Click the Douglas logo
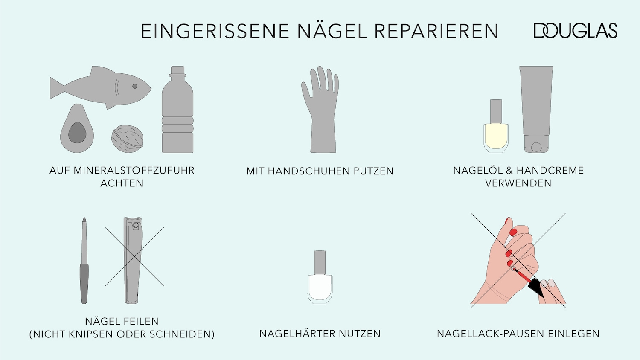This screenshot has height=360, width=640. (575, 31)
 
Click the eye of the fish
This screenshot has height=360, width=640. (135, 86)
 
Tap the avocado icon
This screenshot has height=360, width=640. (77, 129)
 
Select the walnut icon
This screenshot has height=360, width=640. (127, 139)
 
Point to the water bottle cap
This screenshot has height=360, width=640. (177, 70)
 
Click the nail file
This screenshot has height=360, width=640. (84, 260)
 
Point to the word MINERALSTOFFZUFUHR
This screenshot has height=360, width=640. (134, 170)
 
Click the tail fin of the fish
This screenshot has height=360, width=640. (57, 87)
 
